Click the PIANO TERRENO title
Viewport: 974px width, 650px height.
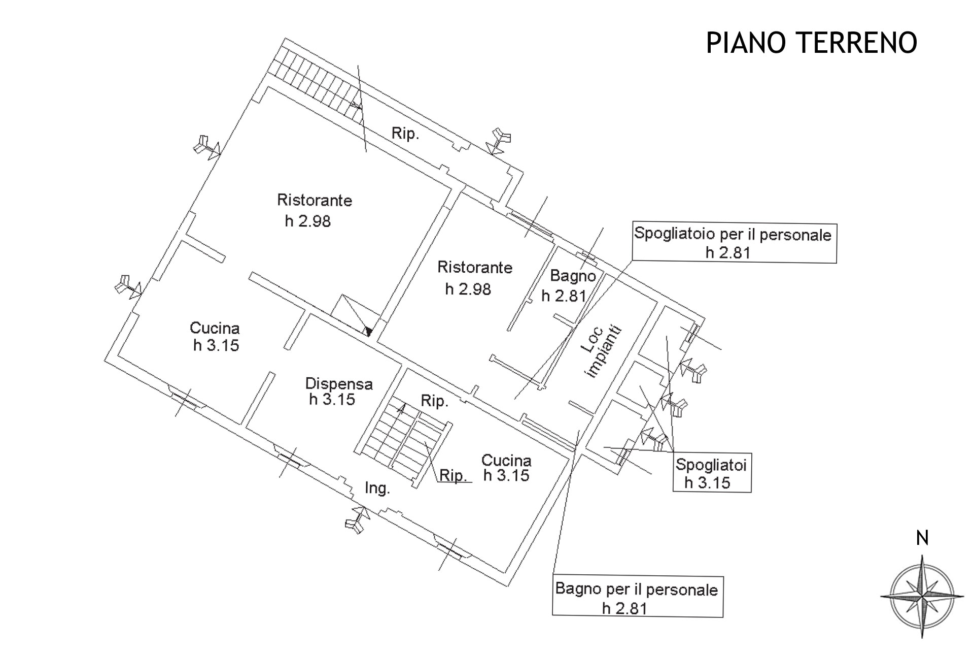[x=811, y=42]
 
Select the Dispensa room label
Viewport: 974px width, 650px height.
[x=339, y=383]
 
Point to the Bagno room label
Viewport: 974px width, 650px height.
[x=573, y=276]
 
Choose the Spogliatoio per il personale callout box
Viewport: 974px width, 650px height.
[x=733, y=243]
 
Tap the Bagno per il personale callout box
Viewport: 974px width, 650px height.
[x=637, y=597]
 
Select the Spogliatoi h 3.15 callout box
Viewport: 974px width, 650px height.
[x=711, y=473]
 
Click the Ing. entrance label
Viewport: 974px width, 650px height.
[x=377, y=489]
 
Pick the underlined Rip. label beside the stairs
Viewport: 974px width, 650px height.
[x=453, y=476]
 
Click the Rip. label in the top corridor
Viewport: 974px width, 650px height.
[x=405, y=134]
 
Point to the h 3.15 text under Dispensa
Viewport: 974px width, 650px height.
[x=332, y=400]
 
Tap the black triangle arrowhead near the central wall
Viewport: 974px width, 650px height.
[x=369, y=332]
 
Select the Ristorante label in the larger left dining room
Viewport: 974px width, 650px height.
[x=315, y=200]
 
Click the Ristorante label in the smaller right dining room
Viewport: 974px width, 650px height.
[x=475, y=267]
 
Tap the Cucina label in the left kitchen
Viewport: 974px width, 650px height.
[x=215, y=328]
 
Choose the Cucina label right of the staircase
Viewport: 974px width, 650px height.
[x=506, y=461]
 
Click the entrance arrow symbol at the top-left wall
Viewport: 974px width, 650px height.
[x=206, y=147]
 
